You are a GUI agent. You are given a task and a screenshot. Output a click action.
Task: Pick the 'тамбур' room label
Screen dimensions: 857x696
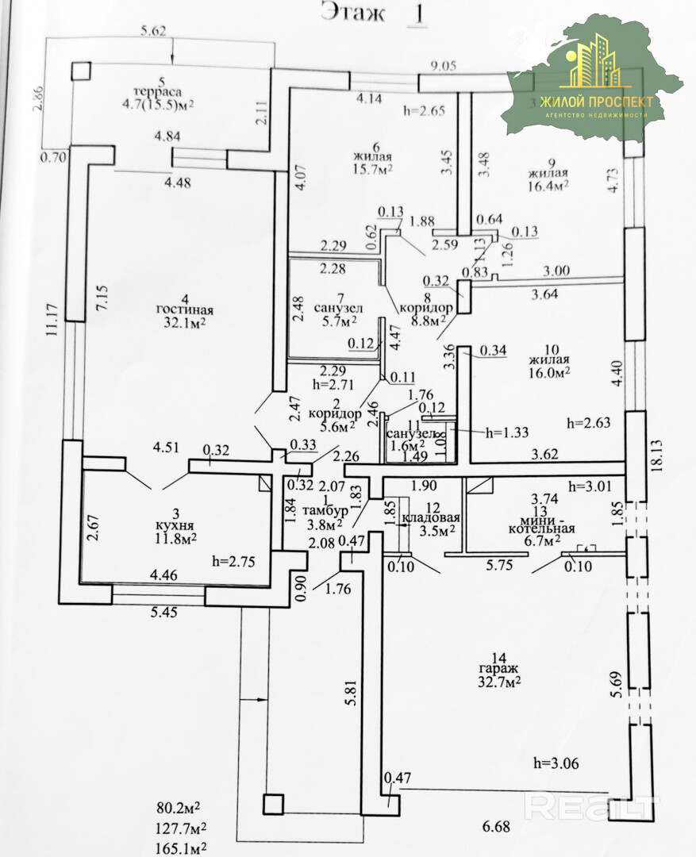[x=314, y=511]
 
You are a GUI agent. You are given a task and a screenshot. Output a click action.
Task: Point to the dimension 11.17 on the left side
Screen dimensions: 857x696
[x=52, y=323]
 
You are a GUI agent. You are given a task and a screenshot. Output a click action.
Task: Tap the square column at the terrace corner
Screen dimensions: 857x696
[x=82, y=71]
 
